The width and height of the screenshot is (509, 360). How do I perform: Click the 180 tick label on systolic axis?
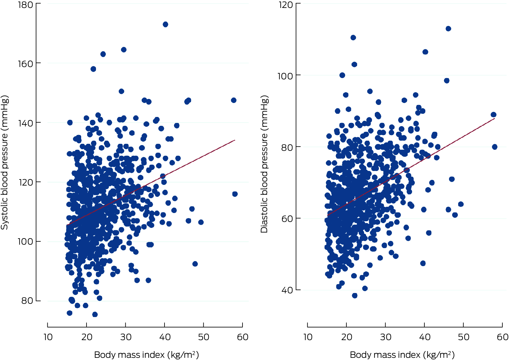tap(26, 5)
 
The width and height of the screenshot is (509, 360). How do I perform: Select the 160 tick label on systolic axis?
tap(26, 64)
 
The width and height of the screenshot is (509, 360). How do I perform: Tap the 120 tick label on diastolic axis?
tap(286, 5)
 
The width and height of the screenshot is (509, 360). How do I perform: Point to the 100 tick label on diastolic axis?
tap(285, 76)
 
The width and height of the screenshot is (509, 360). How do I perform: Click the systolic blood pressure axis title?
tap(4, 162)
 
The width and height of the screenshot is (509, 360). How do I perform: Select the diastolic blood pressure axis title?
tap(264, 164)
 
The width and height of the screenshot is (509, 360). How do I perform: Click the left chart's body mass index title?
tap(147, 355)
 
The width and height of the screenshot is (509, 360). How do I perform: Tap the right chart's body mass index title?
tap(402, 355)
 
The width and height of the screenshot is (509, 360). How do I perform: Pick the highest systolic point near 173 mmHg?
tap(165, 24)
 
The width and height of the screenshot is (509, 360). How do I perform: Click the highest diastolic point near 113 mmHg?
tap(448, 29)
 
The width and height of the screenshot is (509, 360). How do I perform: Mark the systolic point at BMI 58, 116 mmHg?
tap(235, 194)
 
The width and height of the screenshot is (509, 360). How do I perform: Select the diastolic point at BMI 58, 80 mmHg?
tap(494, 147)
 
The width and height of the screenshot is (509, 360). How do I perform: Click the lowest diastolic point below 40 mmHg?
tap(355, 296)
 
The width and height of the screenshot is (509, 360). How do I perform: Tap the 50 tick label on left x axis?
tap(204, 337)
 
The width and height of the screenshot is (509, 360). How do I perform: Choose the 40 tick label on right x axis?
tap(425, 337)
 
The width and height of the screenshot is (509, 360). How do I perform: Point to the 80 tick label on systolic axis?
tap(27, 301)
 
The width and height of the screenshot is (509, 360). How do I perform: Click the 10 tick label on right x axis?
tap(308, 337)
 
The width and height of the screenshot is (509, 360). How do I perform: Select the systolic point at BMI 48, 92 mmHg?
tap(195, 264)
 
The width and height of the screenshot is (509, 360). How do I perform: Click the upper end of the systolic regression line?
tap(235, 140)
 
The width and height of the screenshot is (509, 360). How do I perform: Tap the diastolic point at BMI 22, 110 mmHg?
tap(353, 38)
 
